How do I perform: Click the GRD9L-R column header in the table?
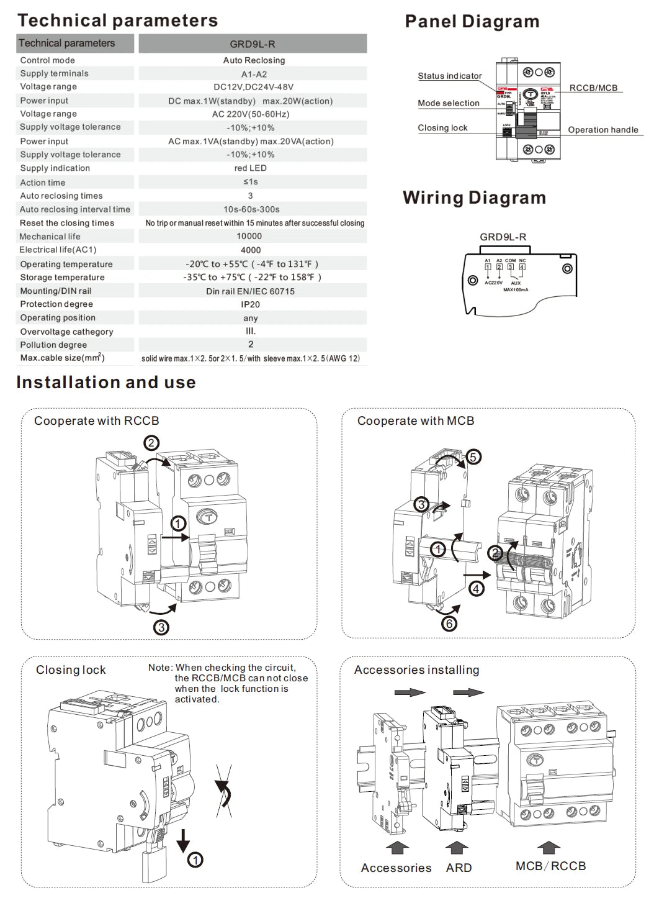click(253, 44)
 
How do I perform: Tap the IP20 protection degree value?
click(251, 304)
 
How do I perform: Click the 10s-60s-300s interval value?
click(251, 209)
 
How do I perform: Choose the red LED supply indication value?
click(251, 168)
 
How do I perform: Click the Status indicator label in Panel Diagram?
click(449, 76)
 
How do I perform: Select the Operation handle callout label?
click(602, 130)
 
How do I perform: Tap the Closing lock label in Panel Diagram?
click(442, 128)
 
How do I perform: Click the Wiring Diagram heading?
click(474, 198)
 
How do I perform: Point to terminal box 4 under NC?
click(522, 267)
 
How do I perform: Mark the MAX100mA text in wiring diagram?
click(516, 289)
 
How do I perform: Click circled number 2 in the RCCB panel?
click(151, 443)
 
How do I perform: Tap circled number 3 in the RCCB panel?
click(161, 627)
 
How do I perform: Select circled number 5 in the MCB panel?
click(473, 457)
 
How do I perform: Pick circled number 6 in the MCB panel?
click(449, 623)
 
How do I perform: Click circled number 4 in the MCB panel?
click(477, 588)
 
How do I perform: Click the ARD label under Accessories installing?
click(459, 868)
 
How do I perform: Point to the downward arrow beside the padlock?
click(183, 840)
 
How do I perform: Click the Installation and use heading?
click(106, 383)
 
